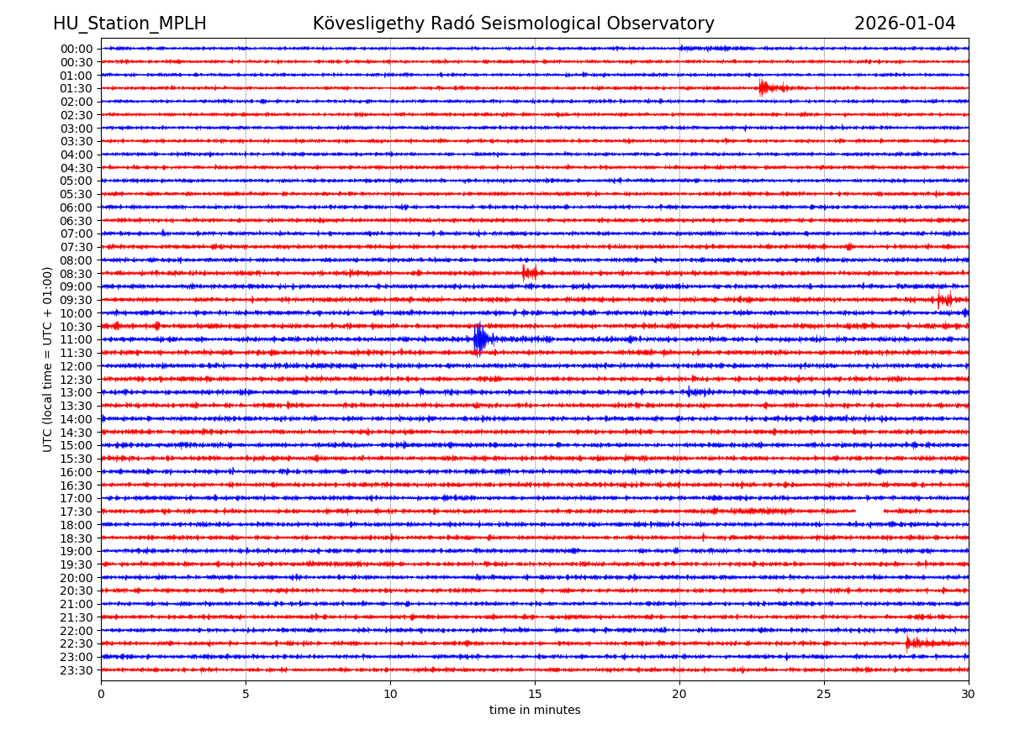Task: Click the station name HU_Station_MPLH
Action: coord(129,24)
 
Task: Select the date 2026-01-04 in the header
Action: coord(905,24)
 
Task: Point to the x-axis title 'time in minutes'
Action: coord(535,711)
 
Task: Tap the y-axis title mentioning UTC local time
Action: coord(48,360)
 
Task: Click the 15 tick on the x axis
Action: coord(535,695)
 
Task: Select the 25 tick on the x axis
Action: coord(824,695)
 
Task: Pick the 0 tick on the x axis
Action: coord(101,695)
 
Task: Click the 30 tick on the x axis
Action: coord(969,695)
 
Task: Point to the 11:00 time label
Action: coord(77,340)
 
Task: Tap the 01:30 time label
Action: coord(77,89)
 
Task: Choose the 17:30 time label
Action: coord(77,512)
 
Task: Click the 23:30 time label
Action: coord(77,670)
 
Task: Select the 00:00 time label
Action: coord(77,49)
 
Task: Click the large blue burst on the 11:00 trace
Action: coord(480,339)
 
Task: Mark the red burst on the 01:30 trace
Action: coord(763,88)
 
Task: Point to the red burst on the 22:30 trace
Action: coord(910,643)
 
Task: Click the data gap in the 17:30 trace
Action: coord(869,511)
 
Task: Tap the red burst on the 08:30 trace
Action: coord(527,272)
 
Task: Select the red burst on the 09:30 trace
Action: coord(944,299)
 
